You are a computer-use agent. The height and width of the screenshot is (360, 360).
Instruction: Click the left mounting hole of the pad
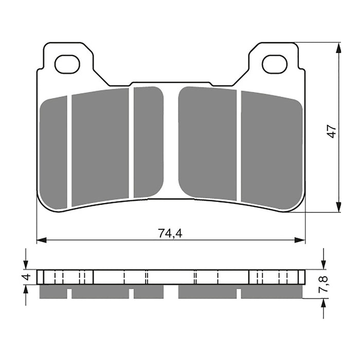pos(67,64)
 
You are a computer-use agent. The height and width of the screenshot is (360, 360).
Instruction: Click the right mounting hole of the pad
pos(274,64)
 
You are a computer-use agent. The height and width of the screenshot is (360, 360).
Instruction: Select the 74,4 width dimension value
pos(170,233)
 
